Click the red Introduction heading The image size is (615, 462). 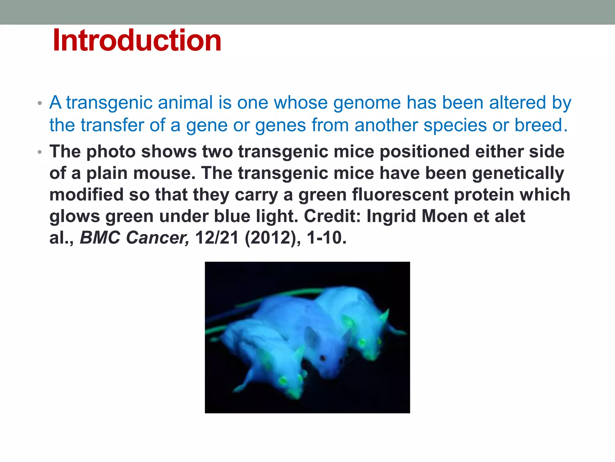point(137,40)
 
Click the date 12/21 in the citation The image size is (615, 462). point(217,238)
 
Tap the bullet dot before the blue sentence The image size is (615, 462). point(40,103)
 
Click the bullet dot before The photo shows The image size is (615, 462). point(40,152)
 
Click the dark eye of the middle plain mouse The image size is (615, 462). point(323,358)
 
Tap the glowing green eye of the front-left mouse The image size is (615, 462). point(283,381)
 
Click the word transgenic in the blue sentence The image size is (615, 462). point(109,103)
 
